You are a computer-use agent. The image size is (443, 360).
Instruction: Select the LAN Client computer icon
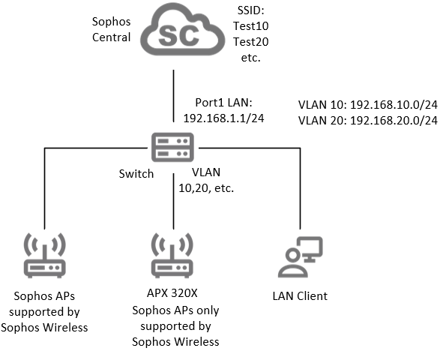(299, 258)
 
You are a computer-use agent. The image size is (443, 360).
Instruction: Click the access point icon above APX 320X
(174, 258)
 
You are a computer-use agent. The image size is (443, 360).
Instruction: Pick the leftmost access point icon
(46, 258)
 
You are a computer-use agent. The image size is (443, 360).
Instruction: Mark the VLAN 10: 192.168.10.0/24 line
(367, 105)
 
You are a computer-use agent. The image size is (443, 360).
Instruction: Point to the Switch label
(136, 173)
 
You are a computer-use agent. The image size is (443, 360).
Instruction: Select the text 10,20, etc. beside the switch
(205, 187)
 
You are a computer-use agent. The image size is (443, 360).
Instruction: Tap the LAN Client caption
(299, 296)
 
